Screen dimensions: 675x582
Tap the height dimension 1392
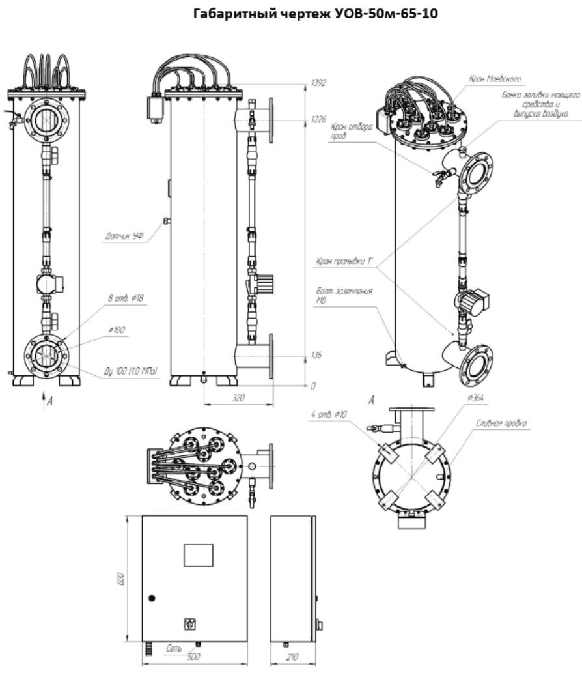318,83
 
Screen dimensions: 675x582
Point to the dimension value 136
317,356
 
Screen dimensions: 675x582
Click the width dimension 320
238,397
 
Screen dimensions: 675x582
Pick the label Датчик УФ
124,238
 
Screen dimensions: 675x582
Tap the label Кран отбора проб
360,132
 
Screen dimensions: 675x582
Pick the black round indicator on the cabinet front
152,598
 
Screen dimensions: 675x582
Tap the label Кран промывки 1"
343,262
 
